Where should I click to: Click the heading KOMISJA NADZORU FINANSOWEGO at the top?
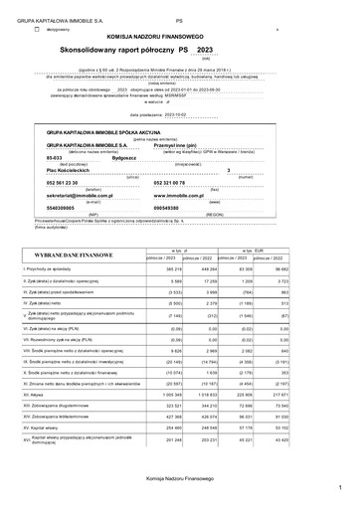(x=180, y=36)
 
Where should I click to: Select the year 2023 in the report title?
(x=205, y=49)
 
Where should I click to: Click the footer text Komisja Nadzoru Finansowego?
(x=180, y=481)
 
